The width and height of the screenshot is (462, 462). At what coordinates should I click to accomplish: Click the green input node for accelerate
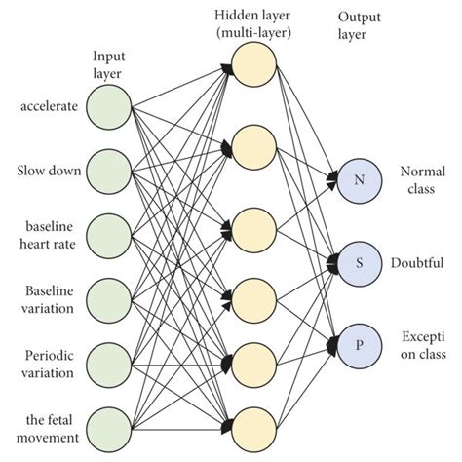108,104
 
